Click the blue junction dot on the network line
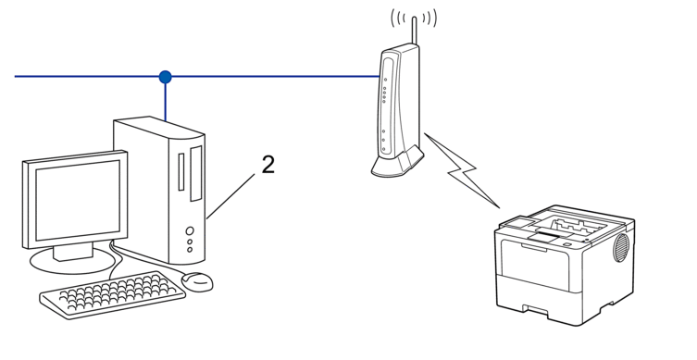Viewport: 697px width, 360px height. click(x=166, y=76)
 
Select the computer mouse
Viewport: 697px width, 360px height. click(x=197, y=279)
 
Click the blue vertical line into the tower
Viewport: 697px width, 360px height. click(x=166, y=100)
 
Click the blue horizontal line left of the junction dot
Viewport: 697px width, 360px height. click(x=83, y=76)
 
